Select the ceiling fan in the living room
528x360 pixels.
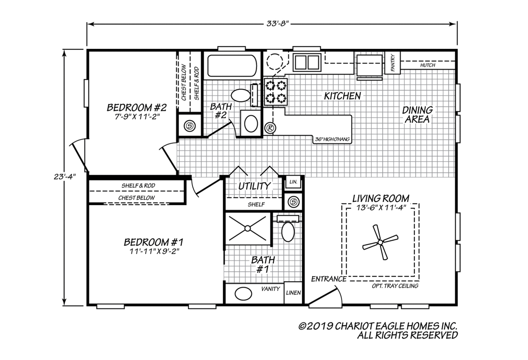(x=379, y=242)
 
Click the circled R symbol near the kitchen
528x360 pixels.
(x=270, y=128)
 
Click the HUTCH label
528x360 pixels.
(x=427, y=65)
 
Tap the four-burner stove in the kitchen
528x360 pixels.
(x=275, y=92)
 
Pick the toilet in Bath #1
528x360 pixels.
(x=288, y=231)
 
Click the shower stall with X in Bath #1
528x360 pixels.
(x=248, y=228)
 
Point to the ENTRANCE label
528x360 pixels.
(x=329, y=279)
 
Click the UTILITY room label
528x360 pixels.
(x=254, y=186)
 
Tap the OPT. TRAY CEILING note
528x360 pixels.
(x=394, y=286)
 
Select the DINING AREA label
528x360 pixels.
(x=418, y=114)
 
